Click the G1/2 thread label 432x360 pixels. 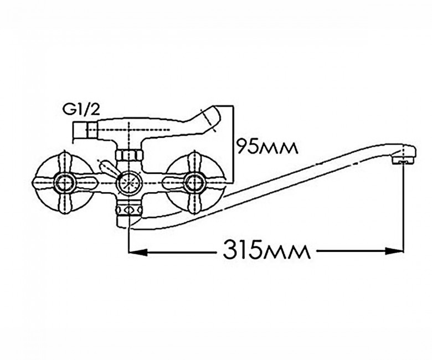pyautogui.click(x=81, y=110)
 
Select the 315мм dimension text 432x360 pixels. pyautogui.click(x=266, y=250)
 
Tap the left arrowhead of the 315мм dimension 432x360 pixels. pyautogui.click(x=138, y=251)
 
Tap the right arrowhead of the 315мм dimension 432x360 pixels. pyautogui.click(x=394, y=251)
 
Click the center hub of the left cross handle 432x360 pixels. pyautogui.click(x=65, y=182)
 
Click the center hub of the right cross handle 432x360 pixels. pyautogui.click(x=194, y=182)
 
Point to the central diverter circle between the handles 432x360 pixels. pyautogui.click(x=129, y=182)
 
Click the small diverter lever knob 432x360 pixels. pyautogui.click(x=107, y=167)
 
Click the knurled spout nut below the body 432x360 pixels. pyautogui.click(x=129, y=210)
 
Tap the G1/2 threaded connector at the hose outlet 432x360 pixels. pyautogui.click(x=86, y=130)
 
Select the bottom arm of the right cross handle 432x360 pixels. pyautogui.click(x=194, y=202)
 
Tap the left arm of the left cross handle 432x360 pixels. pyautogui.click(x=44, y=182)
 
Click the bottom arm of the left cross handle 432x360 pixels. pyautogui.click(x=65, y=202)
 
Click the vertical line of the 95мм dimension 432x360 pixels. pyautogui.click(x=234, y=144)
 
